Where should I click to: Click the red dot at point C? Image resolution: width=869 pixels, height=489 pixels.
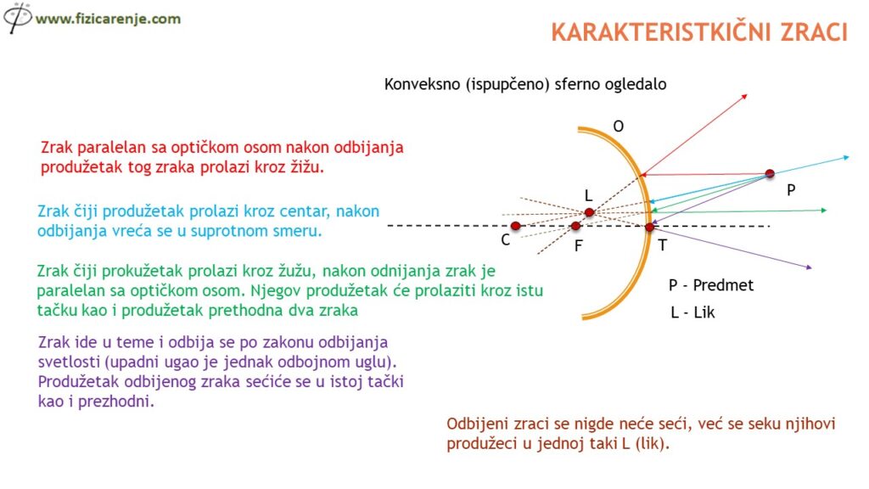515,226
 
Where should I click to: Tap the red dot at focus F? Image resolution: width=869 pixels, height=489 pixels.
576,226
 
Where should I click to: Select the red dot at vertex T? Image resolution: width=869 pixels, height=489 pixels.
649,227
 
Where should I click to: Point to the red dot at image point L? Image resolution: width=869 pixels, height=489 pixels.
590,211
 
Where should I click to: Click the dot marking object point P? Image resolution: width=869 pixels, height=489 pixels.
770,173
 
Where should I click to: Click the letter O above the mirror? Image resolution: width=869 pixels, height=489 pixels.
619,126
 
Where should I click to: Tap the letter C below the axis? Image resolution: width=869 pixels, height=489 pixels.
506,240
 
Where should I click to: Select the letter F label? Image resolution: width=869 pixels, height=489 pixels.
579,245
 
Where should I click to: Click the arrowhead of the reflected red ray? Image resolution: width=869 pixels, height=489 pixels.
745,97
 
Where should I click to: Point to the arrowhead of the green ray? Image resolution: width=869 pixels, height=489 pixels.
823,211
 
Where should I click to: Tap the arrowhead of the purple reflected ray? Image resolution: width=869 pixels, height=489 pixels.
809,267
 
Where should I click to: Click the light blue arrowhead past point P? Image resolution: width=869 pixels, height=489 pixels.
846,158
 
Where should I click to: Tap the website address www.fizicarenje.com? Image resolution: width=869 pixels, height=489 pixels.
108,19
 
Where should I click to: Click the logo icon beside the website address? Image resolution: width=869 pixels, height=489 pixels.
17,17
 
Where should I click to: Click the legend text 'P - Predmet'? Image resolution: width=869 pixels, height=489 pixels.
711,285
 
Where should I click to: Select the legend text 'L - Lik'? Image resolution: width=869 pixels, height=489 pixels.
692,312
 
